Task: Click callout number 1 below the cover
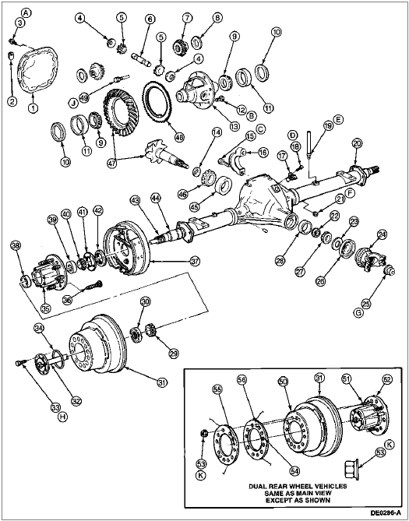33,108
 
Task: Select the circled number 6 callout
150,19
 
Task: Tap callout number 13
234,127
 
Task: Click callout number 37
196,261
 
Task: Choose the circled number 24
383,235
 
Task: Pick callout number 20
358,143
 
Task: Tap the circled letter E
339,119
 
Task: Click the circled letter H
62,417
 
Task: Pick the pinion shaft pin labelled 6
142,59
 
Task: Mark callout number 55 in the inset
217,389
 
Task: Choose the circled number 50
283,382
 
